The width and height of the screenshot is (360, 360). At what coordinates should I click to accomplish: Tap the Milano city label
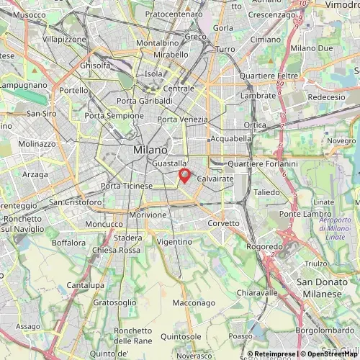[150, 149]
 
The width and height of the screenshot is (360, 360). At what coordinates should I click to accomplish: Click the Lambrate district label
[258, 95]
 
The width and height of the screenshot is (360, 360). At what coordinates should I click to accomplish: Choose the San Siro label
[41, 114]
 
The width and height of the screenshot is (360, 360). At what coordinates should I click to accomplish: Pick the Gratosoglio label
[115, 303]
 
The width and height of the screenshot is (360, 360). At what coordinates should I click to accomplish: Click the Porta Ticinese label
[127, 186]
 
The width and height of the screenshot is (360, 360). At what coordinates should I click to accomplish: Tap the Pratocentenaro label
[174, 14]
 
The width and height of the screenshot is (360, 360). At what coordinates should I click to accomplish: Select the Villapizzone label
[65, 40]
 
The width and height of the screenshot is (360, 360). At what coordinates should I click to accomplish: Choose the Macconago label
[194, 303]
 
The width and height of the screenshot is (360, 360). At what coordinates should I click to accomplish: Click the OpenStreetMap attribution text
[325, 354]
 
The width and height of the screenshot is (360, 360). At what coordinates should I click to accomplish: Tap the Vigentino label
[174, 242]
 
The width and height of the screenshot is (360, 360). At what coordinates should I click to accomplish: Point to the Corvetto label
[223, 223]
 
